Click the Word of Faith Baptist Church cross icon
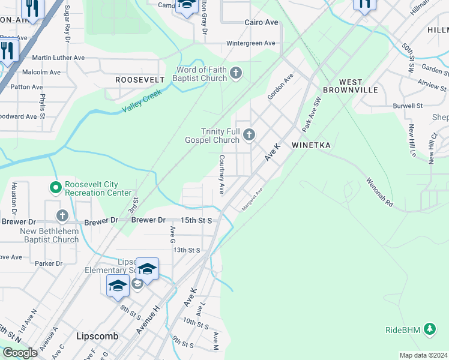pyautogui.click(x=236, y=73)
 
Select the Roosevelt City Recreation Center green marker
pyautogui.click(x=56, y=188)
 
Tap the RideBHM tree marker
pyautogui.click(x=429, y=329)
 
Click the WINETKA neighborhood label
pyautogui.click(x=312, y=145)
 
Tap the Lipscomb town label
pyautogui.click(x=97, y=337)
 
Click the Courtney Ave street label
pyautogui.click(x=221, y=174)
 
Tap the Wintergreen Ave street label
pyautogui.click(x=250, y=43)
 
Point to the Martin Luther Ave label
pyautogui.click(x=58, y=58)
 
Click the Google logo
pyautogui.click(x=20, y=352)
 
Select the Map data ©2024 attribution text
pyautogui.click(x=423, y=355)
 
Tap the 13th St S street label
pyautogui.click(x=186, y=250)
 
